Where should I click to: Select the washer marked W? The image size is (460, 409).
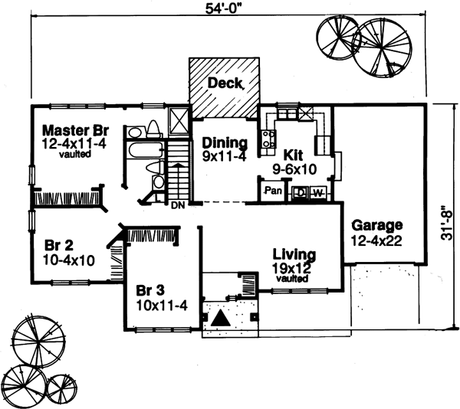tap(317, 192)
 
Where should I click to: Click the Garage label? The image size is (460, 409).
tap(377, 226)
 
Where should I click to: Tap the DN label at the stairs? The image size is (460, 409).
tap(176, 206)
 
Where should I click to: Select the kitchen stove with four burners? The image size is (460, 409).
tap(269, 139)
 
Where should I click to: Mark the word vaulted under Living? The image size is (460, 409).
tap(294, 280)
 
